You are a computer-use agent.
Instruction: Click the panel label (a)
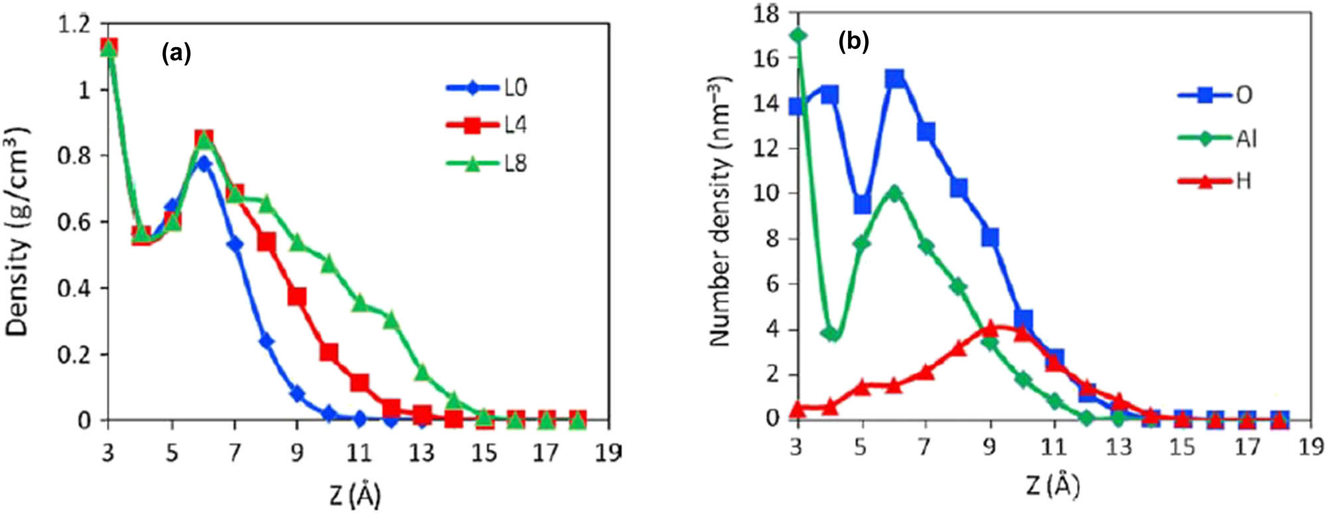[x=176, y=54]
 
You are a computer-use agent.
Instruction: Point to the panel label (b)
[x=853, y=42]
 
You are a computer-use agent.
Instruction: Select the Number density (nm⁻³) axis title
[x=719, y=212]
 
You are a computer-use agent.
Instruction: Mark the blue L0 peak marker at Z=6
[x=204, y=163]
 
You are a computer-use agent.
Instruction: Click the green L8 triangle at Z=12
[x=391, y=319]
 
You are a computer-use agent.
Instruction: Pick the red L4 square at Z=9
[x=297, y=296]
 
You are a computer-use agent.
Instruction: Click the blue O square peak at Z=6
[x=894, y=79]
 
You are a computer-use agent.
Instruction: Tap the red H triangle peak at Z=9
[x=990, y=327]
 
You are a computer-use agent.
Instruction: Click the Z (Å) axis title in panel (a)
[x=355, y=494]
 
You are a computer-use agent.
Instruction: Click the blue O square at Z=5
[x=862, y=204]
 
